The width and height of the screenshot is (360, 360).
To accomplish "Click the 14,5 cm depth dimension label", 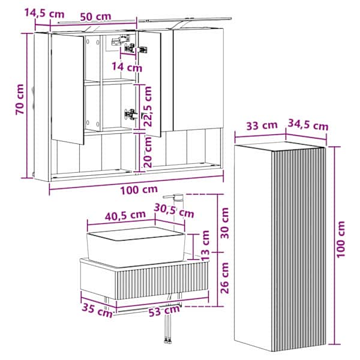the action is coord(44,13).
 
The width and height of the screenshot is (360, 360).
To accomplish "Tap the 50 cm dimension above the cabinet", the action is coord(95,17).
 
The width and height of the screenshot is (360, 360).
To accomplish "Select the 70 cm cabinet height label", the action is coord(20,99).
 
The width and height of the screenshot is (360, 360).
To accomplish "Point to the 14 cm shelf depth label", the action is coord(127,67).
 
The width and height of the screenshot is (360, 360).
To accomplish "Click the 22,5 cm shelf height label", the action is coord(148,106).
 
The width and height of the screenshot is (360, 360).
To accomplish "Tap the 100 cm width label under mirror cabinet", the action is coord(139,190).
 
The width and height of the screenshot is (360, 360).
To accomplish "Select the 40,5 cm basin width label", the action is coord(125,215).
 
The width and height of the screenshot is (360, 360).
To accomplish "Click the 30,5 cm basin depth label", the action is coord(174,211).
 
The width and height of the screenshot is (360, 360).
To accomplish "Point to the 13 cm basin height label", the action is coord(205,245).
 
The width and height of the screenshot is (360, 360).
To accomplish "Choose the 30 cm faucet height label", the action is coord(225,223).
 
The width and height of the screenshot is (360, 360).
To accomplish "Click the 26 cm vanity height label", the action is coord(225,278).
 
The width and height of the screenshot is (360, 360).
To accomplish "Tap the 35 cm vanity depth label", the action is coord(97,310).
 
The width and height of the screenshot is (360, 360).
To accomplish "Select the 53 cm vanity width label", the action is coord(164,311).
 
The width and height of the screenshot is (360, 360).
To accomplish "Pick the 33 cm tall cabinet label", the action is coord(262,125).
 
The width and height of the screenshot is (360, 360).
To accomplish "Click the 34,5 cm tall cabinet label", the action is coord(308,125).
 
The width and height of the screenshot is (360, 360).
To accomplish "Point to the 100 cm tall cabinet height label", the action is coord(341,239).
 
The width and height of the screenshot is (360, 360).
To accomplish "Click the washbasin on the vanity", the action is coord(136,246).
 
